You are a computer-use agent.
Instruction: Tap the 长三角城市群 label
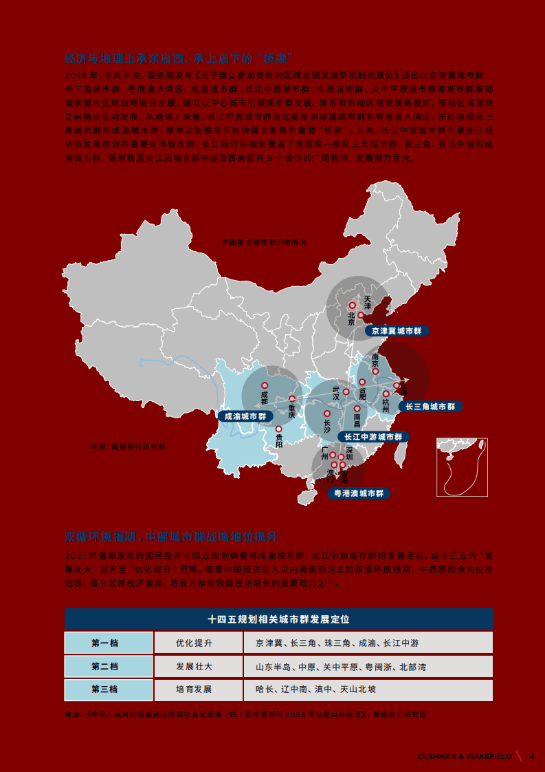pos(430,407)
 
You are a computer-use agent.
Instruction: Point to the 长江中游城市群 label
pos(373,437)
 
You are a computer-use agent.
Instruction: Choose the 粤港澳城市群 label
pos(358,493)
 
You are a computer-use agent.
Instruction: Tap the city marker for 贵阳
pos(279,429)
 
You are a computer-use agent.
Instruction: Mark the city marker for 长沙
pos(326,414)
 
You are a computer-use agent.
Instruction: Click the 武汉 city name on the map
pos(336,392)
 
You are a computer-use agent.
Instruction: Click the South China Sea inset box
pos(462,467)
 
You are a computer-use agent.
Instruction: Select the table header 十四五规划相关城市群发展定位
pos(278,619)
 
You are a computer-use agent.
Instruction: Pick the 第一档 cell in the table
pos(104,643)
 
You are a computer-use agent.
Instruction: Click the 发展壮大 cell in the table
pos(194,666)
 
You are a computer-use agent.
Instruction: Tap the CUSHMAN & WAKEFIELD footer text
pos(464,756)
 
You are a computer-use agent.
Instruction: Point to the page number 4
pos(531,756)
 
